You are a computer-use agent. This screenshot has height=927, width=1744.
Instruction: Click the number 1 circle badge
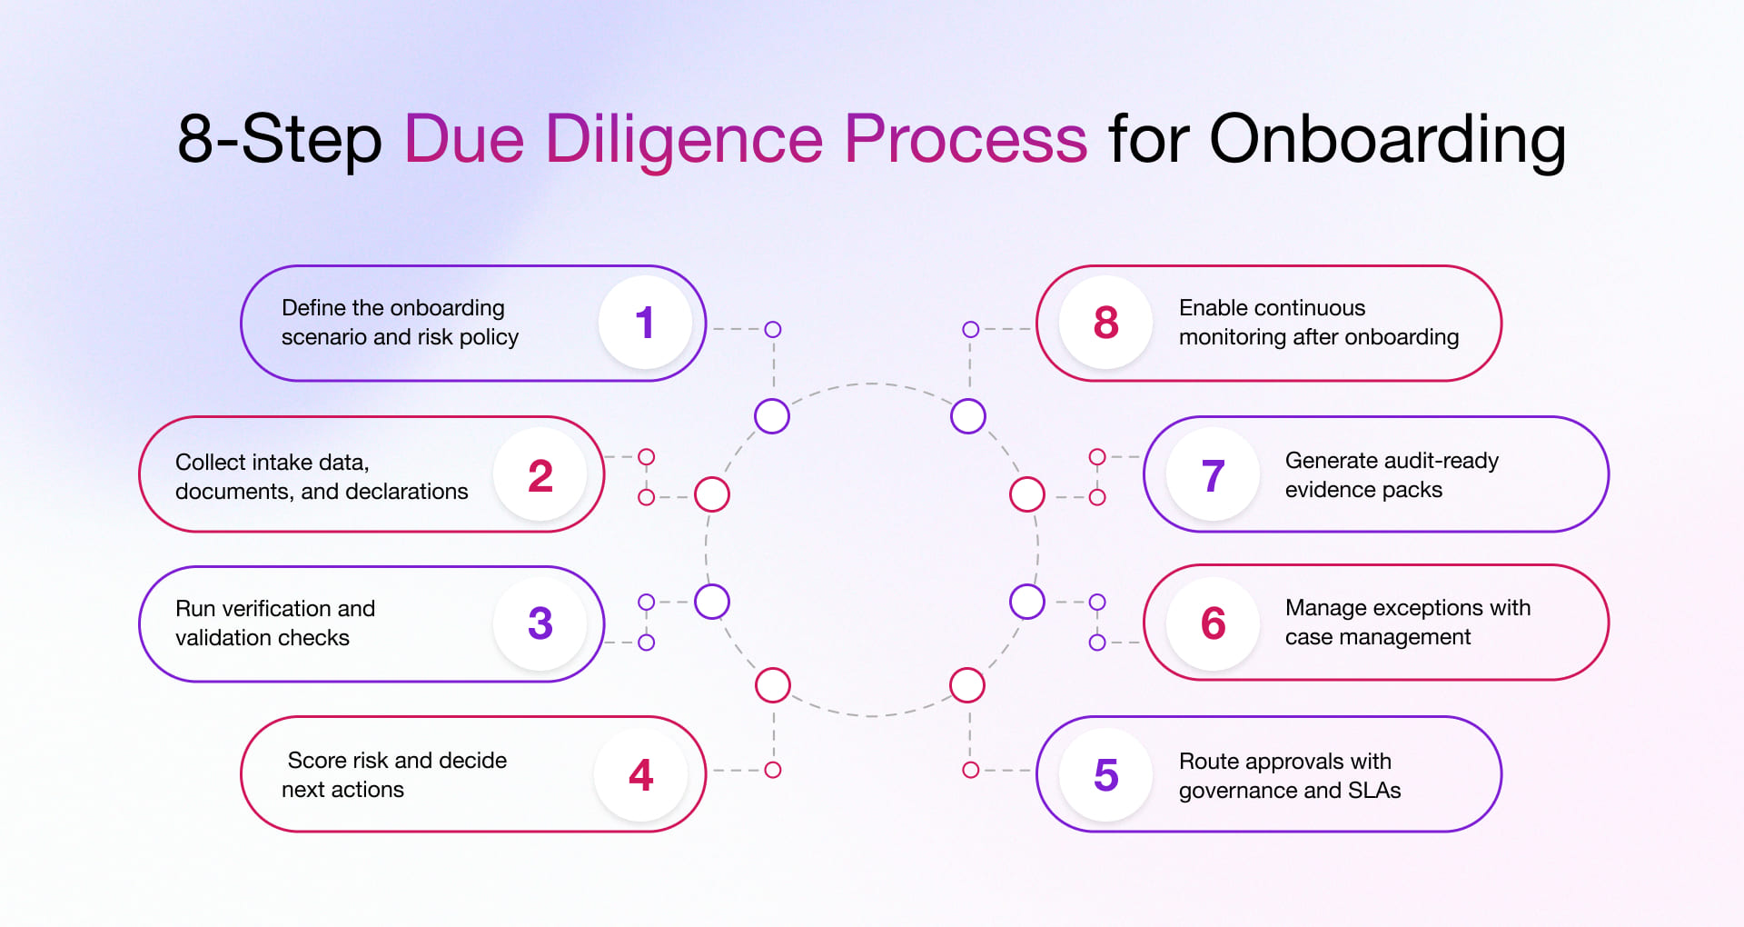645,324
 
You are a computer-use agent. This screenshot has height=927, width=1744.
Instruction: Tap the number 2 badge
540,475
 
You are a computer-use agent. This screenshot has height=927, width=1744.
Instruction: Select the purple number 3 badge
540,623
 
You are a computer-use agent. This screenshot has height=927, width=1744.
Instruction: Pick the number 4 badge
641,775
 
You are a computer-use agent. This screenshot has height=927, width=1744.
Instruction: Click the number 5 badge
1105,775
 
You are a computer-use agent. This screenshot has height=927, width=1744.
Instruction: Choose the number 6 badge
1213,623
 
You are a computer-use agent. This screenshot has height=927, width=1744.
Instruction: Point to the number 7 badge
1213,475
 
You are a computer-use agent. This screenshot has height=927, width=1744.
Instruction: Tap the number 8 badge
1105,324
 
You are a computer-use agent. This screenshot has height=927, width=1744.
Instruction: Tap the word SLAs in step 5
1374,790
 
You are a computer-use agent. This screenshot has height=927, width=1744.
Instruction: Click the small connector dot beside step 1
773,329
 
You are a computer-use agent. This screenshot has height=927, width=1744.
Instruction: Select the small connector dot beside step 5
970,770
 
